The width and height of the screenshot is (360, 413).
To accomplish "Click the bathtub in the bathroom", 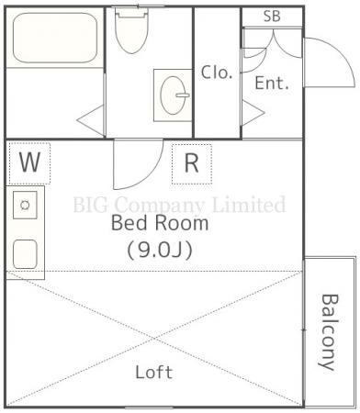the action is point(55,38).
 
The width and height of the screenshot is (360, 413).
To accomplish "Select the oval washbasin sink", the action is point(174,95).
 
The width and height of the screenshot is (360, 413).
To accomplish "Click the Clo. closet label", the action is point(217,73).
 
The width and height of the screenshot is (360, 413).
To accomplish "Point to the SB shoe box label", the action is point(272,17).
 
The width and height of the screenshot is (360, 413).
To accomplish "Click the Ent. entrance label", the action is point(272,83).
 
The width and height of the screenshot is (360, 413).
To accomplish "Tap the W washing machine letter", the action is point(29,162).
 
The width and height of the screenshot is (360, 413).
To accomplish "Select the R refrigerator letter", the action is point(192,163).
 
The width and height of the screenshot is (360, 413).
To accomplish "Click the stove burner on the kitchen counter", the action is point(25,205).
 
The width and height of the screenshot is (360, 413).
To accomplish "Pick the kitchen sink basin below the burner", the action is point(25,254).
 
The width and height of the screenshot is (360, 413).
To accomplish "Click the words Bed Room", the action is point(160,223).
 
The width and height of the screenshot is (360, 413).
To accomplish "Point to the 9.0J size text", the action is point(160,251).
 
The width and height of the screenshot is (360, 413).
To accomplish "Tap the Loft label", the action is point(154,372).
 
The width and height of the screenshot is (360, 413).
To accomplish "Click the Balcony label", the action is point(330,332).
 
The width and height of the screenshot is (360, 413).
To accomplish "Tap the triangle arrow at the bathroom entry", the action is point(91,120).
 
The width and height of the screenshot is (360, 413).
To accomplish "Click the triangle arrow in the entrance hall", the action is point(253,113).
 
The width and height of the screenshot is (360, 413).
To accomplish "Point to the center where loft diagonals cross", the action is point(154,339).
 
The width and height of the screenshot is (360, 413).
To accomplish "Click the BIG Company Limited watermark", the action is point(180,205).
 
